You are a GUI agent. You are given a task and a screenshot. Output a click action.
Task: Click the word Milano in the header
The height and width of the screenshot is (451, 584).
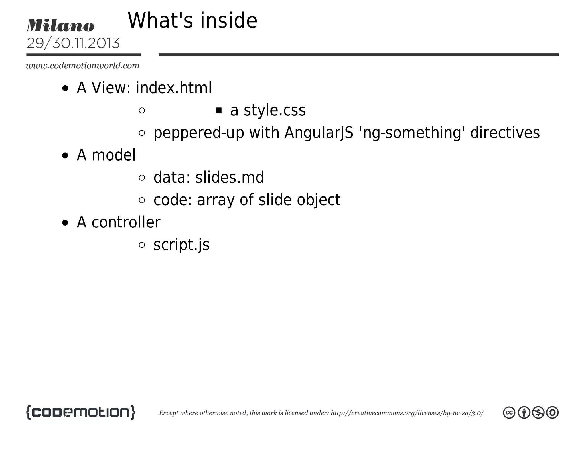(60, 25)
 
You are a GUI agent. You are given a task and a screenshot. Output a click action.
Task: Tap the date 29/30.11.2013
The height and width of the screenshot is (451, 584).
(73, 43)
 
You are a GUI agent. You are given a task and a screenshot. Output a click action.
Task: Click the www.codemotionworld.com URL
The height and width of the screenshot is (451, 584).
(83, 66)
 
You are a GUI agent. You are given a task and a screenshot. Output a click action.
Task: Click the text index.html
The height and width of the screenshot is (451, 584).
(174, 88)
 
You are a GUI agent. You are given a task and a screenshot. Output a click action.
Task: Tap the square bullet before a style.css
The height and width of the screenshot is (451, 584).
(218, 111)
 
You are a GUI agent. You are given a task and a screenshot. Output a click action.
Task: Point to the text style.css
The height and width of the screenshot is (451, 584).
(274, 110)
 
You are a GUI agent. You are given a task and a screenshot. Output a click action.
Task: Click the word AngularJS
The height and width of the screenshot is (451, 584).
(319, 133)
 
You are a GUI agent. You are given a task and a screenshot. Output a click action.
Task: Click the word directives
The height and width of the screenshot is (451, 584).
(505, 133)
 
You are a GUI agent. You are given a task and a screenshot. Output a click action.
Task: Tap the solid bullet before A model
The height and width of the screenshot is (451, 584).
(65, 156)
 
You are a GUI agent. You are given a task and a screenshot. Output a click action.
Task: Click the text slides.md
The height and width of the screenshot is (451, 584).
(230, 177)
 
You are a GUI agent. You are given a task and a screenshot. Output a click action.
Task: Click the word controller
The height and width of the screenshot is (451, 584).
(126, 222)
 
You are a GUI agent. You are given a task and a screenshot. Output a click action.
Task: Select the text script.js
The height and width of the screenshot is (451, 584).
(181, 245)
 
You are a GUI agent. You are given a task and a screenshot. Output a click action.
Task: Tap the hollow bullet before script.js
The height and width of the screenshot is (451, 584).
(142, 245)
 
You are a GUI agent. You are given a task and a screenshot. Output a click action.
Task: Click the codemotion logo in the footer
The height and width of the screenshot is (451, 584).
(81, 412)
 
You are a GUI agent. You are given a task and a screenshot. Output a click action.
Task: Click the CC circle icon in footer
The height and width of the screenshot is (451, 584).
(509, 413)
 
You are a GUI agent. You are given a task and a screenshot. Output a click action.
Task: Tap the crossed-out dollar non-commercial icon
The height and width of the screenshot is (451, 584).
(538, 413)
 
